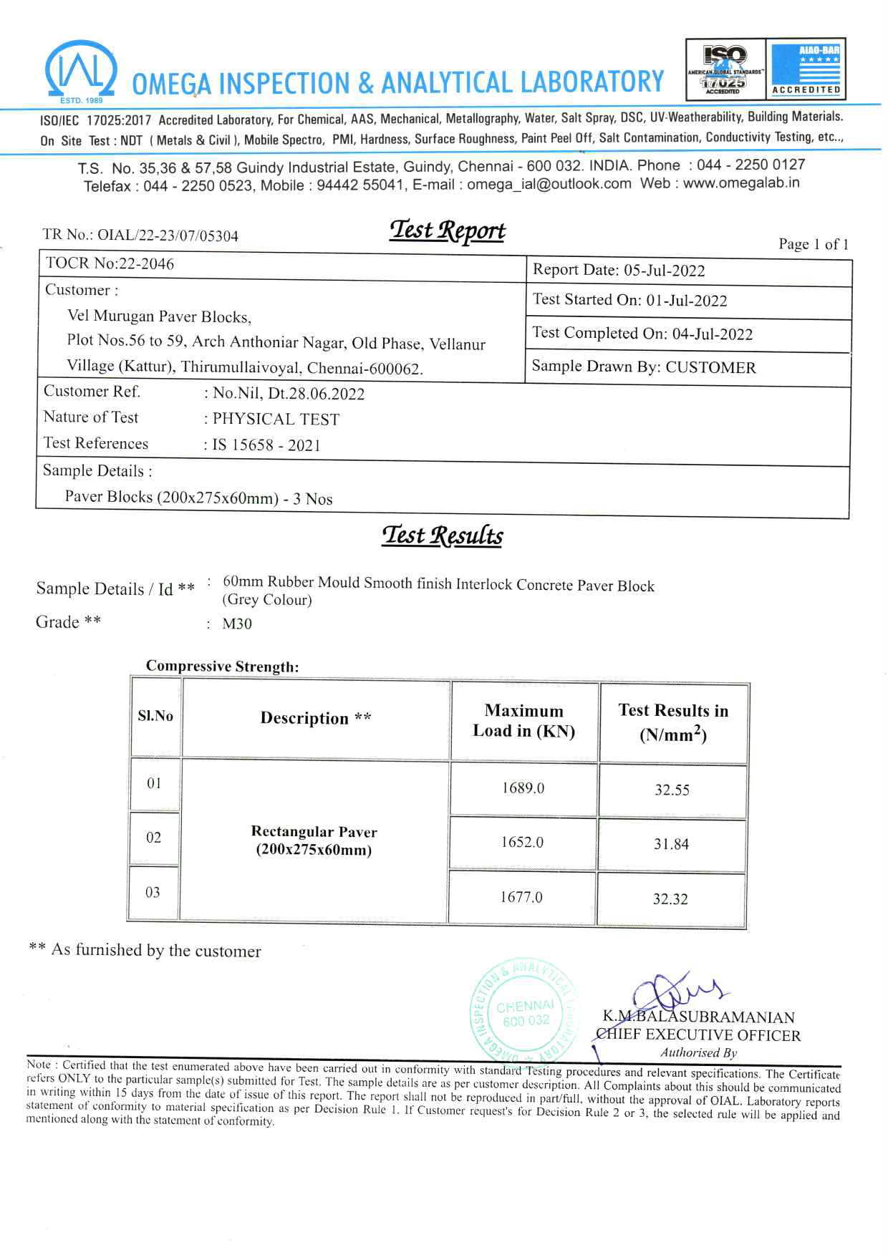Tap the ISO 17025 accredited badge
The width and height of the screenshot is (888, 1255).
pyautogui.click(x=725, y=69)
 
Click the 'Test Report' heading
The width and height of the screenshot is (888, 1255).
pyautogui.click(x=447, y=231)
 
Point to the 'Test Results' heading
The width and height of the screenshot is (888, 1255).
pyautogui.click(x=442, y=536)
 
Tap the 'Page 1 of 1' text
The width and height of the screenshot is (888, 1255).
pyautogui.click(x=813, y=244)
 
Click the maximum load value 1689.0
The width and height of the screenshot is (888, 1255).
pyautogui.click(x=523, y=788)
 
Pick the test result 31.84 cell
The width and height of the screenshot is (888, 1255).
pyautogui.click(x=671, y=844)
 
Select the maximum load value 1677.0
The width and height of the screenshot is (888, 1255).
pyautogui.click(x=521, y=897)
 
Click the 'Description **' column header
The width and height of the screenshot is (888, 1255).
pyautogui.click(x=316, y=718)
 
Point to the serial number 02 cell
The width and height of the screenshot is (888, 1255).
pyautogui.click(x=153, y=838)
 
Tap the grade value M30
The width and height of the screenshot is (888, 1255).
pyautogui.click(x=237, y=624)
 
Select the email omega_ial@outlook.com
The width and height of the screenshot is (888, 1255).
pyautogui.click(x=549, y=184)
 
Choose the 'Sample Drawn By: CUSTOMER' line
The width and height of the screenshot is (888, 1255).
pyautogui.click(x=643, y=367)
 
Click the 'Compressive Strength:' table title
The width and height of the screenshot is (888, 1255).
pyautogui.click(x=222, y=667)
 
